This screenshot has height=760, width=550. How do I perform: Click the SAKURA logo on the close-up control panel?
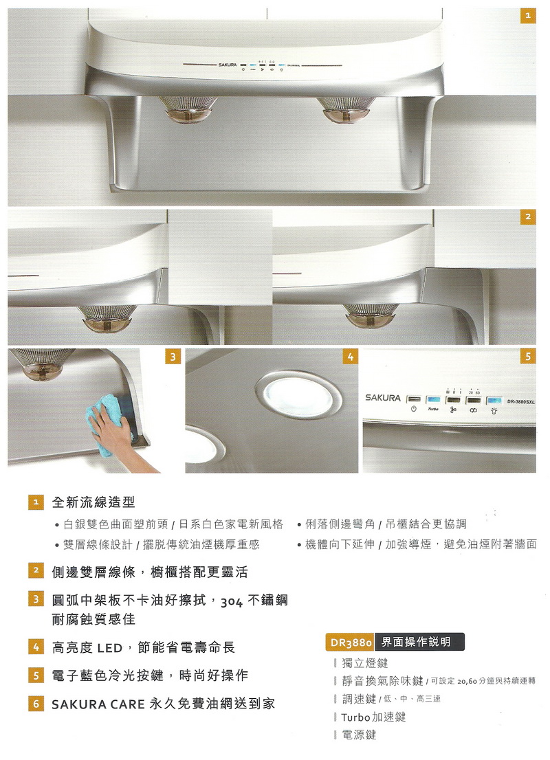coord(383,398)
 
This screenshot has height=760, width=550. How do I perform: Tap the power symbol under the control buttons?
coord(413,410)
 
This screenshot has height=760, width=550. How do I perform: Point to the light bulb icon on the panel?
coord(494,410)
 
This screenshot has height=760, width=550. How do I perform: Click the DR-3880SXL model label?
coord(520,402)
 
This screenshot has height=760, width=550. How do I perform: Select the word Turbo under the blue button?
coord(433,410)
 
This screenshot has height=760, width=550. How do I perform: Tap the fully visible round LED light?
coord(298,396)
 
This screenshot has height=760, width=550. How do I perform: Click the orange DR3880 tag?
coord(351,642)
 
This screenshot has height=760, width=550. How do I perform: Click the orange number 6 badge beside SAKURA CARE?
coord(36,703)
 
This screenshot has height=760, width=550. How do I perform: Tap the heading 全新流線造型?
coord(93,502)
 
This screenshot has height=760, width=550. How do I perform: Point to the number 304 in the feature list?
coord(232,602)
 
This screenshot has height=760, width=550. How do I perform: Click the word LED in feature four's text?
coord(109,648)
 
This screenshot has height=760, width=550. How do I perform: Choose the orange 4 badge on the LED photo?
coord(350,357)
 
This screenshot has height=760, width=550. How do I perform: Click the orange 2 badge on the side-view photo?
coord(528,216)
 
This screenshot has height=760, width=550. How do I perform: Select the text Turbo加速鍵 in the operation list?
coord(373,717)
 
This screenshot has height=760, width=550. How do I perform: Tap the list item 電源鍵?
coord(359,735)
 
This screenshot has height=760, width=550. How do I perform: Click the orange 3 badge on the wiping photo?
coord(173,357)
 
